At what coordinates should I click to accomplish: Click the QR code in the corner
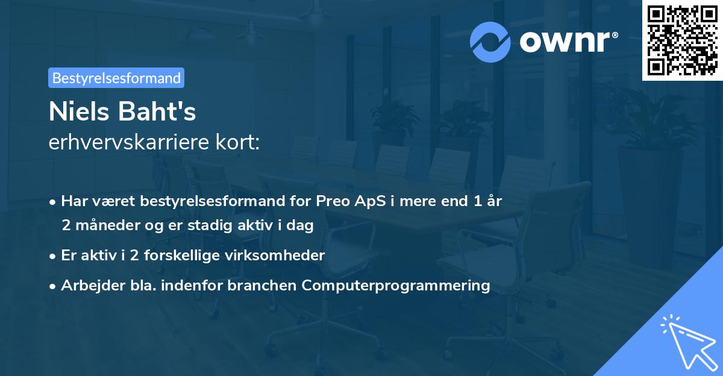(x=682, y=40)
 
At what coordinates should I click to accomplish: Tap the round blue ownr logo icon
(x=491, y=42)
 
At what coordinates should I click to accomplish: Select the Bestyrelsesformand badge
(x=116, y=78)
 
